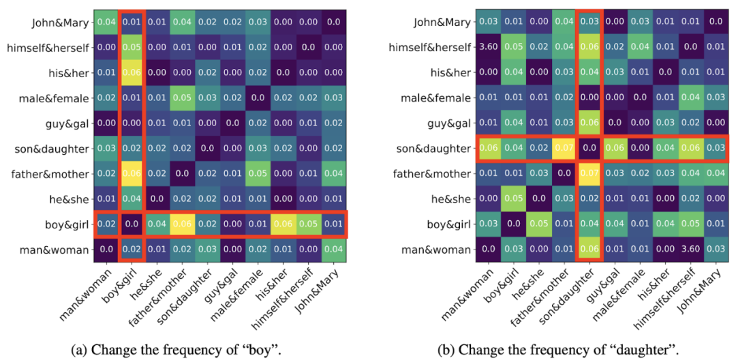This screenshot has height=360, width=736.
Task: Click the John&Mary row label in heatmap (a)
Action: pyautogui.click(x=60, y=22)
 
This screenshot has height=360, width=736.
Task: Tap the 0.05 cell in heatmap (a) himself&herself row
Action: pyautogui.click(x=131, y=48)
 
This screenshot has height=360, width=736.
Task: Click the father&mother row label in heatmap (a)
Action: pyautogui.click(x=50, y=174)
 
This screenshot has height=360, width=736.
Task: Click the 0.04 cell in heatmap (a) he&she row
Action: pyautogui.click(x=131, y=199)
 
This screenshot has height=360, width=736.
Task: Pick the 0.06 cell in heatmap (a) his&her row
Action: pyautogui.click(x=131, y=73)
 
